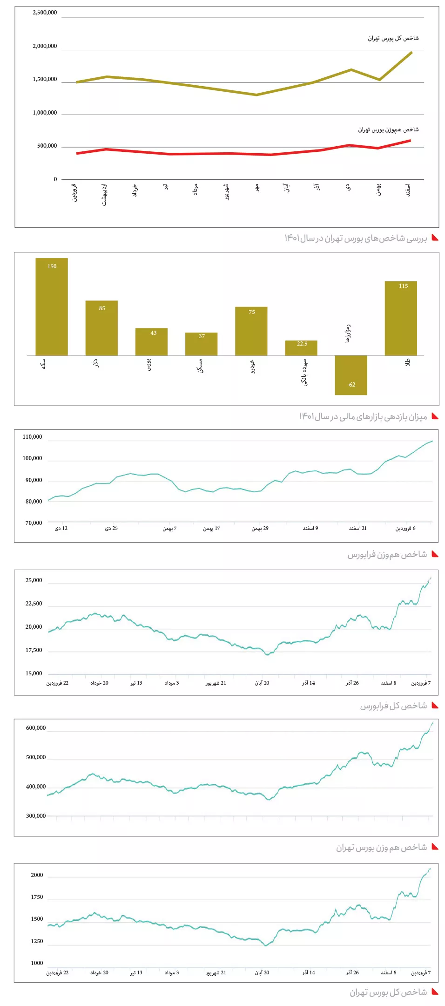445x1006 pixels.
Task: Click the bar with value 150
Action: click(x=52, y=306)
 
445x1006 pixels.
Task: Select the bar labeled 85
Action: click(x=101, y=328)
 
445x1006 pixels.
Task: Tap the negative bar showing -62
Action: click(x=351, y=375)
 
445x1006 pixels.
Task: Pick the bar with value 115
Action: click(x=401, y=318)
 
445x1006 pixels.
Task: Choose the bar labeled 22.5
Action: click(x=301, y=348)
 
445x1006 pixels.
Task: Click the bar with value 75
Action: click(x=251, y=331)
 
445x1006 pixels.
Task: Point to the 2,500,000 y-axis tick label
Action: click(x=45, y=13)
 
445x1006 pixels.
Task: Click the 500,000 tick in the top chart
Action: click(x=47, y=146)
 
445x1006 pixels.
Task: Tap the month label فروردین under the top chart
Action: click(x=74, y=192)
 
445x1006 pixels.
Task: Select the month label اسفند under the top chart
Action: click(x=408, y=190)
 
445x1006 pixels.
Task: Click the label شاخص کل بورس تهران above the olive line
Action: click(x=393, y=38)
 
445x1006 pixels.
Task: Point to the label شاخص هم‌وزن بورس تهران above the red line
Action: click(x=388, y=129)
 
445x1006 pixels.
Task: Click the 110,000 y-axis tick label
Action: click(x=32, y=437)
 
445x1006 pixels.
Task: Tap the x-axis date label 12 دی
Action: click(x=61, y=528)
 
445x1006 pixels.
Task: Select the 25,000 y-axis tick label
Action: click(x=34, y=580)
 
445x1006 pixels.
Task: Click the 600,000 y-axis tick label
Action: click(x=36, y=728)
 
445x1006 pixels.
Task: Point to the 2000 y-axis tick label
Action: click(x=37, y=875)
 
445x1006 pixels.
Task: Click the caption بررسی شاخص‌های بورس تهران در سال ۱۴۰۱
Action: click(x=356, y=238)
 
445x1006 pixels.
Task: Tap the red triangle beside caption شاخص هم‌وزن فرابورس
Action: click(x=435, y=554)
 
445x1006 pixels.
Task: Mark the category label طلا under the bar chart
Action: click(x=408, y=363)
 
